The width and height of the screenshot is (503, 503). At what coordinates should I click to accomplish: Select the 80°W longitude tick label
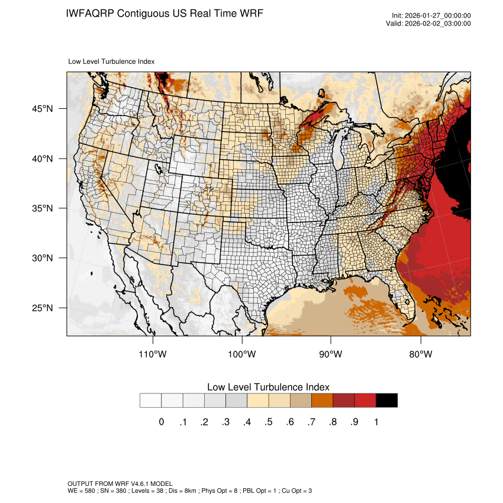[421, 354]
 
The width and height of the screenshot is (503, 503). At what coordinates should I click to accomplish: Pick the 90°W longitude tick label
[331, 354]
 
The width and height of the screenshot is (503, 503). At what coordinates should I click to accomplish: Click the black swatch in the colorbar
[386, 400]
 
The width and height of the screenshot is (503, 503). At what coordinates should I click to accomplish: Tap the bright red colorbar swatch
[365, 400]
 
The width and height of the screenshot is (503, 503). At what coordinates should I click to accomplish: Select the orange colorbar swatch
[323, 400]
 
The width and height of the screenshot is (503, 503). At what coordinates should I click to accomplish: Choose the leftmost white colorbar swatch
[151, 400]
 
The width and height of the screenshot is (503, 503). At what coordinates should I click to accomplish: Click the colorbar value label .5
[268, 422]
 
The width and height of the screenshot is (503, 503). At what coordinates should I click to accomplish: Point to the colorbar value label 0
[161, 422]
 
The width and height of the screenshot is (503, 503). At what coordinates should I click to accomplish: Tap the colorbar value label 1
[376, 422]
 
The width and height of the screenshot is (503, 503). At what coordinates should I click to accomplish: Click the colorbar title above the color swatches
[268, 386]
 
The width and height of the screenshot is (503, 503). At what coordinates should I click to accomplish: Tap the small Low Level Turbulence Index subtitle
[112, 61]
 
